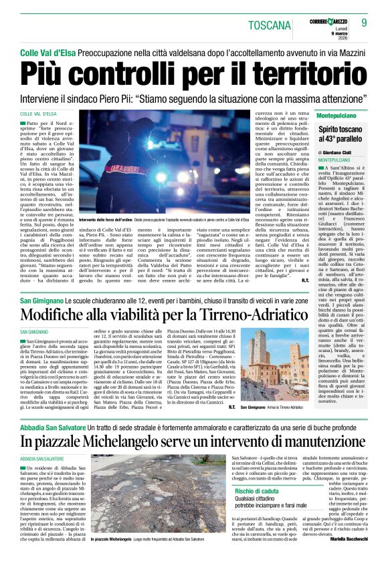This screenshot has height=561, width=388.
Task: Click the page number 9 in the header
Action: pyautogui.click(x=373, y=24)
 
